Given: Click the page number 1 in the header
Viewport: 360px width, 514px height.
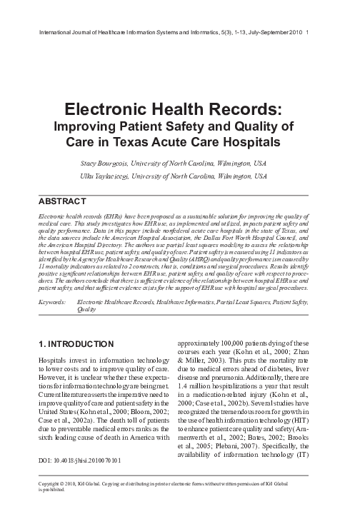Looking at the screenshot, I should (x=307, y=32).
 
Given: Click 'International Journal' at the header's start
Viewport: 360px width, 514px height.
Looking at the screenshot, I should (x=64, y=32).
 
